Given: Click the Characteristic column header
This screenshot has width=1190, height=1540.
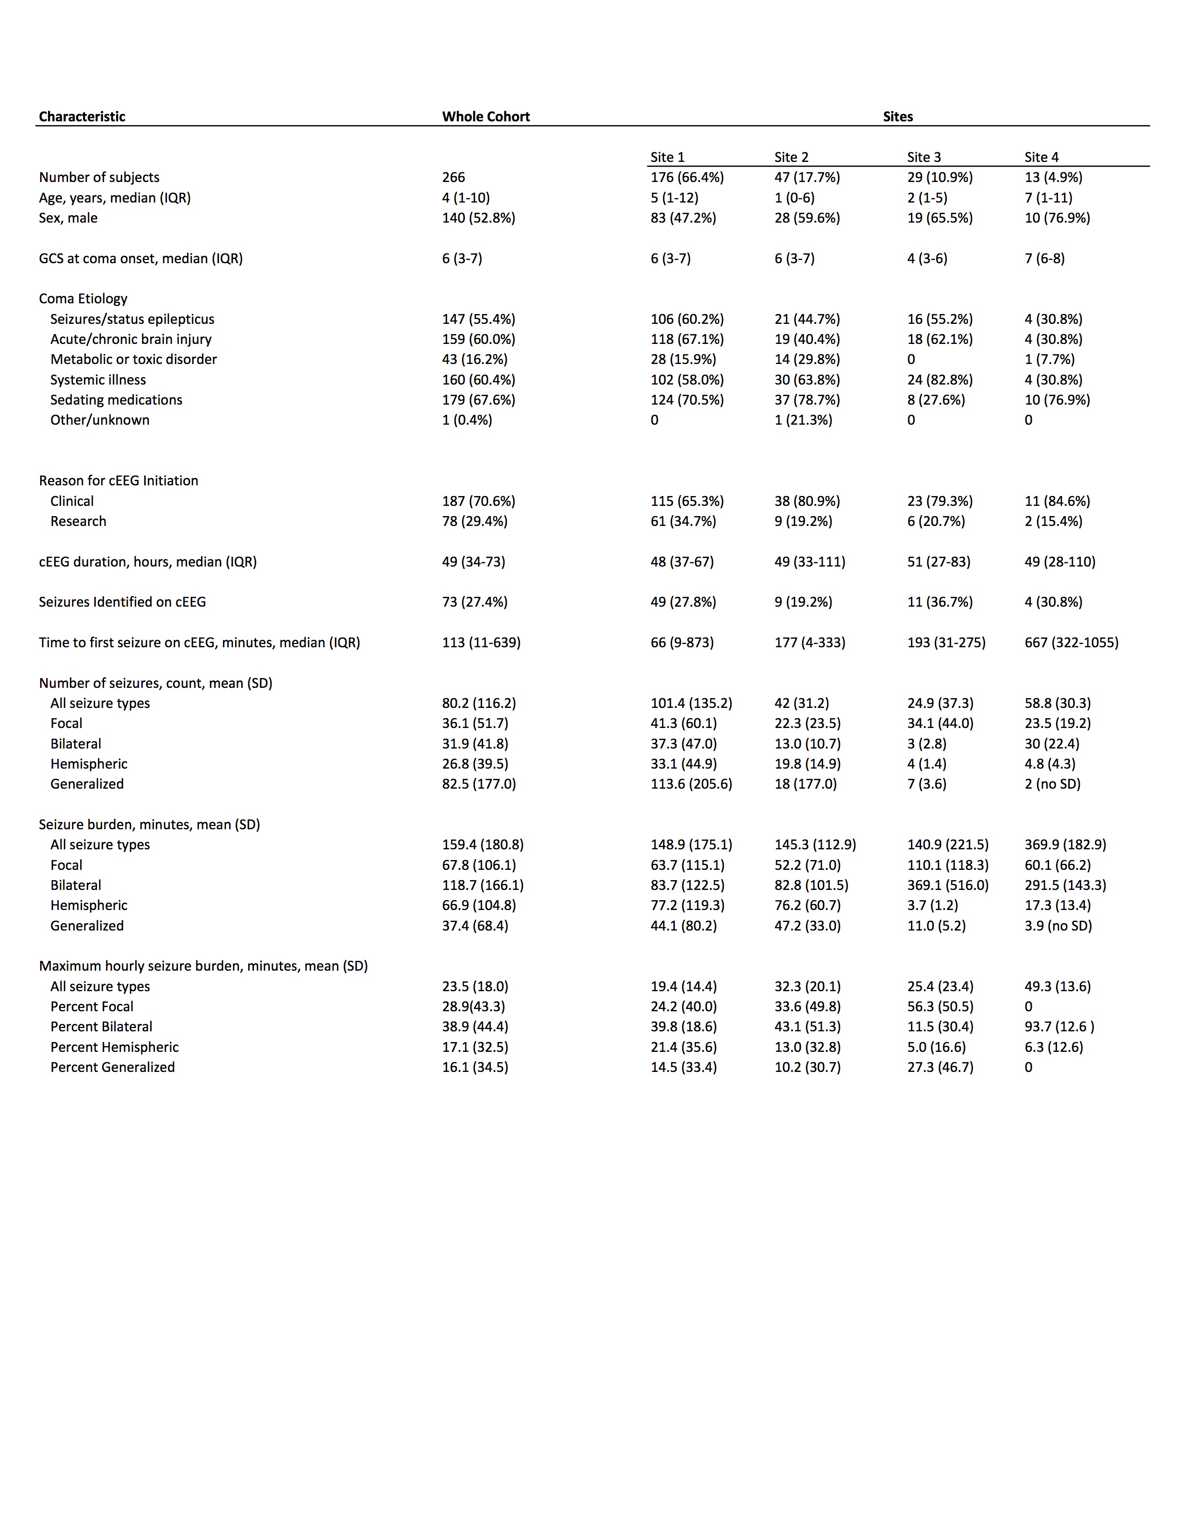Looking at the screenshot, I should click(x=82, y=116).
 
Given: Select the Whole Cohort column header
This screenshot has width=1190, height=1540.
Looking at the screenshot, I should click(x=486, y=116).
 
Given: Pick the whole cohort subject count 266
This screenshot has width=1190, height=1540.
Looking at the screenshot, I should click(x=453, y=177).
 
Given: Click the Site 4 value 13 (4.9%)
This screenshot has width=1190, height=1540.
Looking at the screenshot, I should click(x=1053, y=177).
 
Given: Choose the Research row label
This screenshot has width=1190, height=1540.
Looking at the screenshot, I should click(x=78, y=521).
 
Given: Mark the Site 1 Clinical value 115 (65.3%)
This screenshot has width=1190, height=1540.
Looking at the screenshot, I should click(x=686, y=501).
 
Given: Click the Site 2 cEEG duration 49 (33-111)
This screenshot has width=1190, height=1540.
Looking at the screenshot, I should click(x=809, y=561).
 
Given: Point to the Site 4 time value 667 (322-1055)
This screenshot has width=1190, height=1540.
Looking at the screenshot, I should click(x=1071, y=643).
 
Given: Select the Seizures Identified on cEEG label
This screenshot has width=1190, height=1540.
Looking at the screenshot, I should click(x=122, y=602).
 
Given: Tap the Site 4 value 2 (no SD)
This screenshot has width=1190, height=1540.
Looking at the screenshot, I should click(x=1052, y=784).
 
